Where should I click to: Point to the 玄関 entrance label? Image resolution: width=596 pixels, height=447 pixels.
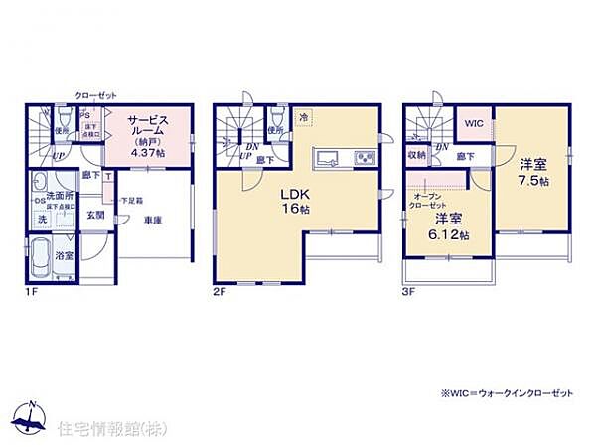tap(94, 214)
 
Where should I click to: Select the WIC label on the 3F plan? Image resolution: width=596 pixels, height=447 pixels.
tap(474, 123)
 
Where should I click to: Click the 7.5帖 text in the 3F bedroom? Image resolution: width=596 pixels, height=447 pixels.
tap(532, 186)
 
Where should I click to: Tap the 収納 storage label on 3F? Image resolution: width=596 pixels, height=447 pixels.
tap(416, 156)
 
